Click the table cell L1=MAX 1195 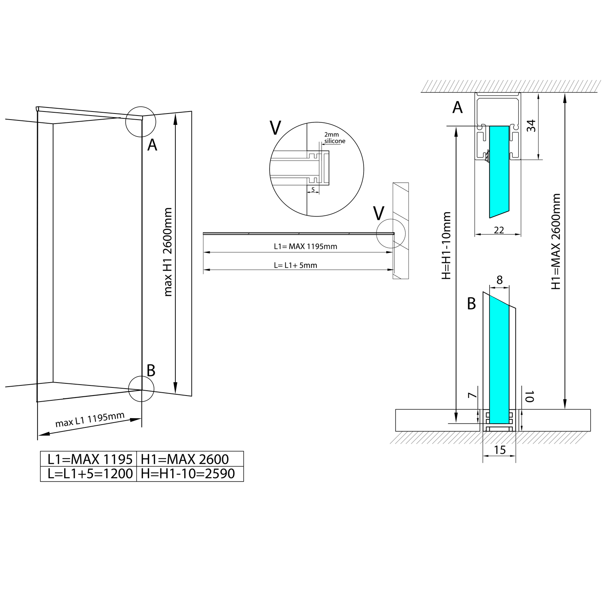[89, 459]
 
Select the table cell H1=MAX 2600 [185, 459]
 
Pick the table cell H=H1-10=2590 [188, 473]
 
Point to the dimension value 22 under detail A [499, 230]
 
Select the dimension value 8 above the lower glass [500, 280]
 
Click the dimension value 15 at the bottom [500, 450]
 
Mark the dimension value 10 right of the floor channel [530, 396]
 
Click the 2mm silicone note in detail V [334, 138]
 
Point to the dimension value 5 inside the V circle [313, 189]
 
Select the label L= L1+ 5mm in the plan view [295, 265]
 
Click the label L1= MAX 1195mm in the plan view [305, 246]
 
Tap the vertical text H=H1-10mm [446, 245]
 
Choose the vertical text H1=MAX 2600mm [556, 241]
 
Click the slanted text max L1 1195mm [90, 420]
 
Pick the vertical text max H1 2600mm [168, 252]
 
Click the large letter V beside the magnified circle [275, 128]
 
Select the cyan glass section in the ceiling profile [499, 170]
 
